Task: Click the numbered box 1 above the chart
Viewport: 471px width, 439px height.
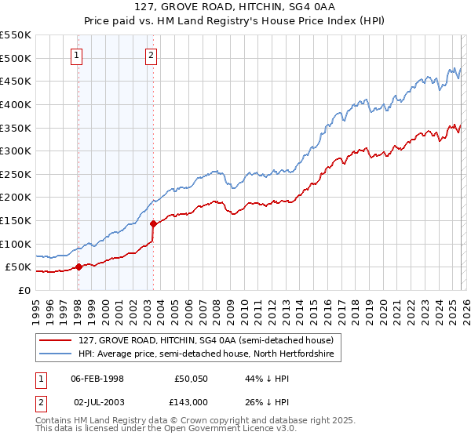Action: coord(77,55)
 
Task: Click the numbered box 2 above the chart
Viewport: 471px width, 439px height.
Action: coord(151,55)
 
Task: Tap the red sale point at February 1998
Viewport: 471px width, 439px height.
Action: coord(78,267)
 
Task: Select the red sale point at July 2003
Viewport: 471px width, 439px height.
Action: coord(153,223)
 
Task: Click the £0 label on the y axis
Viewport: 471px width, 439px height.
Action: coord(23,290)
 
